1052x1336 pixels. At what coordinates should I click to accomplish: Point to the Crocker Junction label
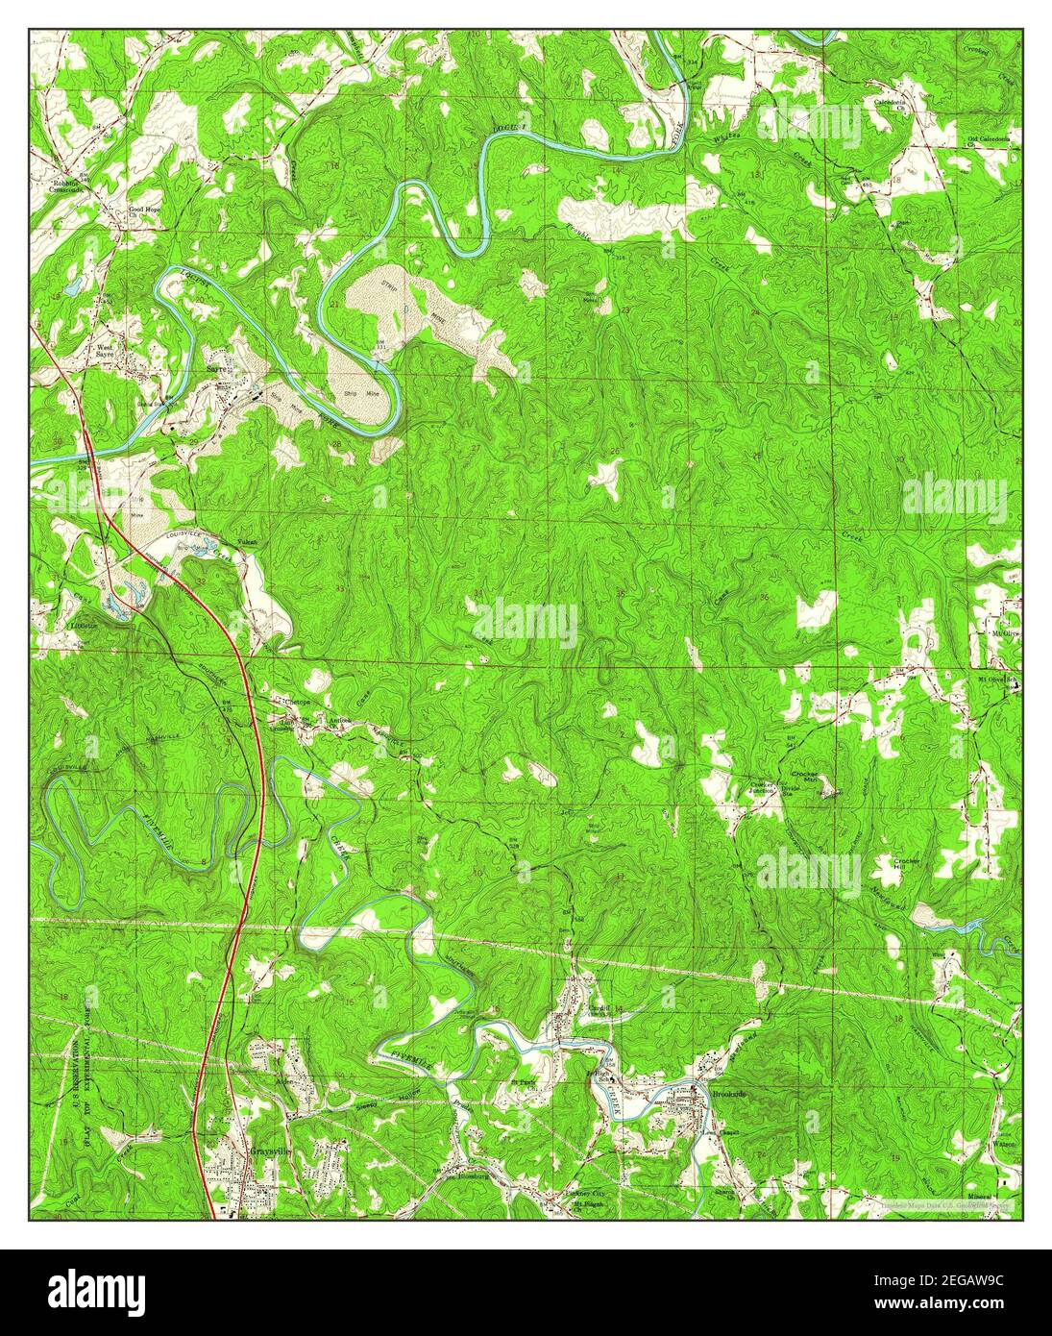[762, 788]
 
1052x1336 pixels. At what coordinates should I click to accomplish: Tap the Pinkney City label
[584, 1195]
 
